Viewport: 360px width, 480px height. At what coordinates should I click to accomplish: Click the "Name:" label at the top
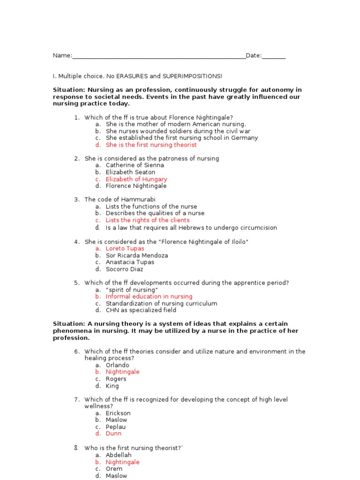[62, 56]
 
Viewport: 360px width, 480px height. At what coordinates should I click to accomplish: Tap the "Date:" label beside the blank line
[254, 56]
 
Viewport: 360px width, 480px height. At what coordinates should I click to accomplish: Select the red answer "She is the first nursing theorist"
[151, 145]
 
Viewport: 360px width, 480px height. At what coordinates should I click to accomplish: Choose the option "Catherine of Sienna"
[135, 165]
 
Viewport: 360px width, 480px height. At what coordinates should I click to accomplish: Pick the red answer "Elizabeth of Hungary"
[136, 179]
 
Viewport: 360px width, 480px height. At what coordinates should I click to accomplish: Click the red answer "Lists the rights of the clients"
[147, 220]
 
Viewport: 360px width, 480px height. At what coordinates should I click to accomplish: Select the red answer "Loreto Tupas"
[125, 248]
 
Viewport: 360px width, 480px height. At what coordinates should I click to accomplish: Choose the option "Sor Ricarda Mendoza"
[136, 255]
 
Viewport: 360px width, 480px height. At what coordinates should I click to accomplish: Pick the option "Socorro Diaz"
[124, 269]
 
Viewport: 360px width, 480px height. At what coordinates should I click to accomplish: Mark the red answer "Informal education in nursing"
[149, 297]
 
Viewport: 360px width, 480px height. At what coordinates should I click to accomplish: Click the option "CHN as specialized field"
[141, 310]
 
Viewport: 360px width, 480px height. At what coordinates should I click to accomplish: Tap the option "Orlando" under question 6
[117, 365]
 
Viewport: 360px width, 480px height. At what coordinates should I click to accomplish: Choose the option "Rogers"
[116, 379]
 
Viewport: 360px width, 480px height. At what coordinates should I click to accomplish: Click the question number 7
[77, 399]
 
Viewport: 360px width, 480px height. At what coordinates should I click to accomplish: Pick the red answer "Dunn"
[113, 434]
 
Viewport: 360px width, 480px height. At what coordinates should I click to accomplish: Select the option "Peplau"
[116, 427]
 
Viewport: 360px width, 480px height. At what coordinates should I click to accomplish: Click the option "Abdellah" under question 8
[119, 455]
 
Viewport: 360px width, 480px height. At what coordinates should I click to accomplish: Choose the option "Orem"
[114, 469]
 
